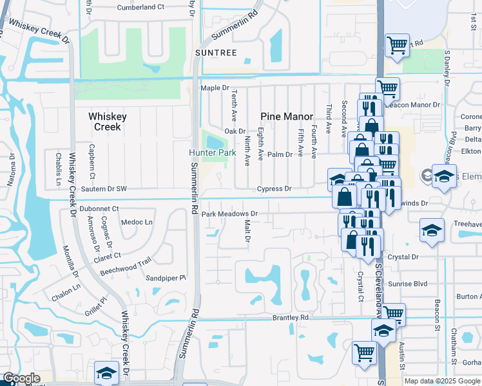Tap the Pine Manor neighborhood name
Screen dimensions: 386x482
tap(287, 116)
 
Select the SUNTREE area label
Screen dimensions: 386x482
tap(217, 52)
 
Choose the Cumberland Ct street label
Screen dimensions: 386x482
tap(141, 8)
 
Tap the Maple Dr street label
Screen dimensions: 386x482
tap(215, 87)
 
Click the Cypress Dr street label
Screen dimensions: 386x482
tap(275, 189)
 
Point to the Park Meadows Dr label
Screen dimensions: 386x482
tap(229, 214)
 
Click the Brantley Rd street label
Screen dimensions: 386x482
tap(291, 317)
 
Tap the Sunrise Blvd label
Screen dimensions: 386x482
tap(409, 283)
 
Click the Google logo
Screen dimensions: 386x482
tap(22, 378)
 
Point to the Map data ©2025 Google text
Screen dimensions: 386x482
tap(442, 381)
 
